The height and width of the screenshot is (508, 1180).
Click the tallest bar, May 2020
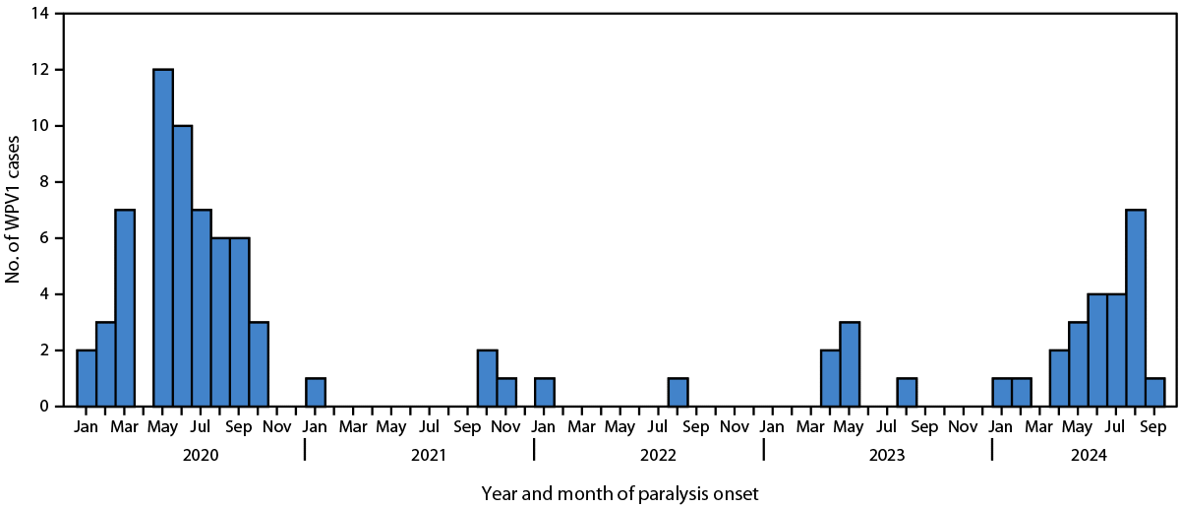[x=163, y=237]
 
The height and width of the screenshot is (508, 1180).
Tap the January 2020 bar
[x=87, y=377]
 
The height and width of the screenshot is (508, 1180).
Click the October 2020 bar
[x=259, y=363]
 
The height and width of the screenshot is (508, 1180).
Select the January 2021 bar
[x=316, y=392]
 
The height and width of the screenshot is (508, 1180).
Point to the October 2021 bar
[x=487, y=377]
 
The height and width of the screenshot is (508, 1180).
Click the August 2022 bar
[x=678, y=392]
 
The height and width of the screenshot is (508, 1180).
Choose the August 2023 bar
[x=907, y=392]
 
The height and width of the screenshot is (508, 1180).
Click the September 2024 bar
[x=1154, y=392]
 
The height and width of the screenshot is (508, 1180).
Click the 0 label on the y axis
[x=44, y=406]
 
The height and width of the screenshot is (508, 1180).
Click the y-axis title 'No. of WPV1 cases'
[x=14, y=209]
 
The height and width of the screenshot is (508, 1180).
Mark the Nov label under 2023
[x=964, y=428]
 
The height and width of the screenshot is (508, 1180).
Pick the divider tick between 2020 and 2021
[x=305, y=450]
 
